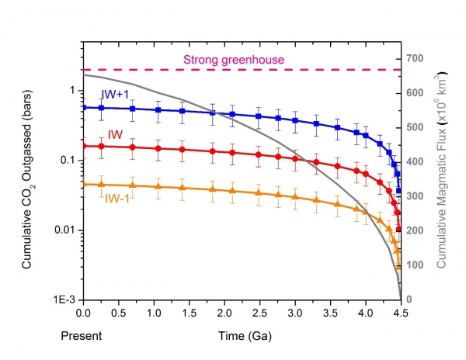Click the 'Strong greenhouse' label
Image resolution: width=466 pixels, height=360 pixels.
point(234,60)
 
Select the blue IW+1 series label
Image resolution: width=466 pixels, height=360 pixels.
point(115,95)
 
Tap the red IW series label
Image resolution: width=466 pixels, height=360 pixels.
point(115,135)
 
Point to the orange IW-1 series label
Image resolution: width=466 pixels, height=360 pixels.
point(117,199)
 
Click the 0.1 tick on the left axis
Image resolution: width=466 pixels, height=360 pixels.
point(68,161)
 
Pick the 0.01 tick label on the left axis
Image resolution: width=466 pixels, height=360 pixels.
point(66,230)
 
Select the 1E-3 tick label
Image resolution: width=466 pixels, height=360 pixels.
point(64,300)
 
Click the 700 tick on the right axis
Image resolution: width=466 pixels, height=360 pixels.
point(414,58)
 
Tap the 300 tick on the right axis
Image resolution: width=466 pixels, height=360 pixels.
point(414,196)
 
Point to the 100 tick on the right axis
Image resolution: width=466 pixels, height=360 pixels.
point(414,265)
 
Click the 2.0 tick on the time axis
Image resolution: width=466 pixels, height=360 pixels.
point(224,313)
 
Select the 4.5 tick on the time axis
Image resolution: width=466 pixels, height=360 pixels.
point(401,313)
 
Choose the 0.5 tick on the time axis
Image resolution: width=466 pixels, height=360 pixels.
point(119,313)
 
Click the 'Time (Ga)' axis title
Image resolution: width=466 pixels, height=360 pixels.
point(245,336)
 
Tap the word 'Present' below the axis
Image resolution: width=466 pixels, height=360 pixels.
point(82,336)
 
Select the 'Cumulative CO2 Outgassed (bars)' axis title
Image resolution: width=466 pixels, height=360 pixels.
point(28,179)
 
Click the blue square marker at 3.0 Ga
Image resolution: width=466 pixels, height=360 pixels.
point(295,120)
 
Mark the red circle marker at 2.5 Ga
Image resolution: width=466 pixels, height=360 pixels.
point(259,154)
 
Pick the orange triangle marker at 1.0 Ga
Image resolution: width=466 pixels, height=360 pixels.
point(158,187)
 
